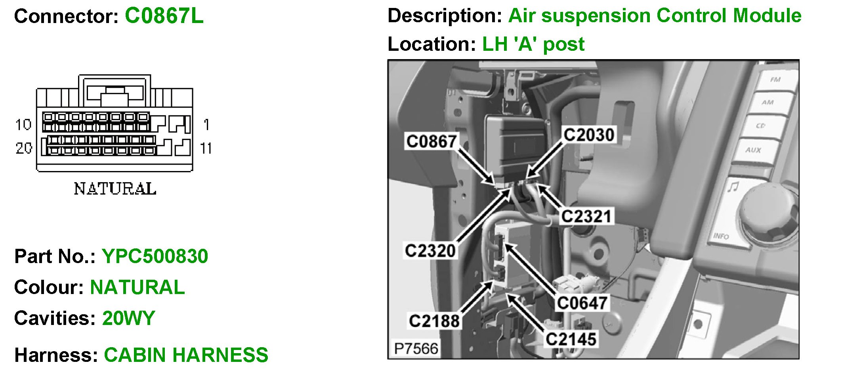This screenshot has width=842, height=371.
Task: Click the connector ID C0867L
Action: (164, 16)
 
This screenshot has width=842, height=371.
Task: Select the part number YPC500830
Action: (155, 256)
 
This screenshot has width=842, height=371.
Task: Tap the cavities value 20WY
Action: (128, 318)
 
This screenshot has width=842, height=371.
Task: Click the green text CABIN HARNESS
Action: (186, 355)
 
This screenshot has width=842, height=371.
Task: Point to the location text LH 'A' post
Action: (533, 44)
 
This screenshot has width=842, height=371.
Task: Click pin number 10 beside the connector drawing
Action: (23, 125)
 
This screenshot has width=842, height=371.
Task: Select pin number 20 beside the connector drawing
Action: (23, 148)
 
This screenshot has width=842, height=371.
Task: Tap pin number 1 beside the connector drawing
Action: (206, 125)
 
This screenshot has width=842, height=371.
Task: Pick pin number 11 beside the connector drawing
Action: (206, 149)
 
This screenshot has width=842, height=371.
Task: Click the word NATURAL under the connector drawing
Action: (115, 189)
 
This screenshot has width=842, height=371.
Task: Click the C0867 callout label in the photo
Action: (432, 141)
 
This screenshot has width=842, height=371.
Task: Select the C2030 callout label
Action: (589, 135)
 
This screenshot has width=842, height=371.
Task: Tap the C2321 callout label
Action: (586, 217)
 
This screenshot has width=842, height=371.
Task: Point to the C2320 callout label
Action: (430, 251)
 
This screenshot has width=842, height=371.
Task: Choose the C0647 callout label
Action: (582, 303)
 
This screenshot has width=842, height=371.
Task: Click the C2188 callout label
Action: (434, 321)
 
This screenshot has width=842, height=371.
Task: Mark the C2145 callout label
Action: (571, 340)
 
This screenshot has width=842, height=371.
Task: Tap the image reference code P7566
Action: (416, 349)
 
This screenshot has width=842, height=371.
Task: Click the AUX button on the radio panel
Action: (753, 150)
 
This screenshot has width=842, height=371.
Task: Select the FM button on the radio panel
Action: (775, 80)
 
